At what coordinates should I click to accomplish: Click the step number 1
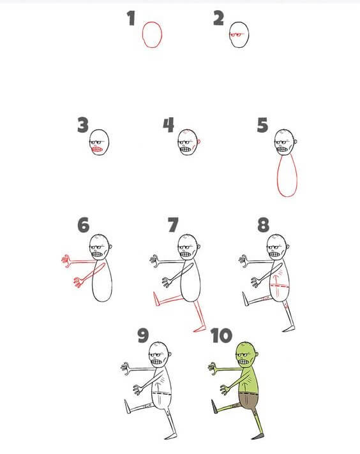click(x=131, y=18)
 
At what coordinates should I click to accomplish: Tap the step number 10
click(x=221, y=335)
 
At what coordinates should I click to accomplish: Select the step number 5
click(x=262, y=125)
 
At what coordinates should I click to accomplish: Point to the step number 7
click(x=174, y=225)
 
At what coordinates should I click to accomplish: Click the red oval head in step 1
click(x=142, y=34)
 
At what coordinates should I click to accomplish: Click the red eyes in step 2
click(x=236, y=34)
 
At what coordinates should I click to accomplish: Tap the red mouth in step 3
click(x=97, y=150)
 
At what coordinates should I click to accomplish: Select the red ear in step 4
click(x=199, y=142)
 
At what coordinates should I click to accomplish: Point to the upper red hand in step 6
click(x=66, y=261)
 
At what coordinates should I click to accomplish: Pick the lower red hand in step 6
click(x=78, y=282)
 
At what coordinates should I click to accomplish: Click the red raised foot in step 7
click(x=156, y=299)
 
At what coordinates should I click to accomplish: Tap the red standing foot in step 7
click(x=199, y=329)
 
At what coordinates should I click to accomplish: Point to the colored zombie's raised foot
click(x=214, y=407)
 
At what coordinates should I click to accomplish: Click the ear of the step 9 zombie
click(x=170, y=354)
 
